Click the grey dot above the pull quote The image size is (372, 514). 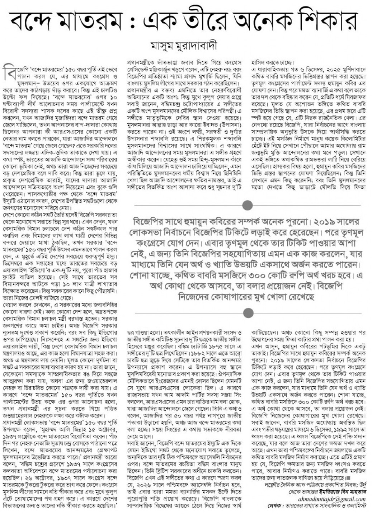pyautogui.click(x=248, y=205)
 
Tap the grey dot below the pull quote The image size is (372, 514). pyautogui.click(x=248, y=312)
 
